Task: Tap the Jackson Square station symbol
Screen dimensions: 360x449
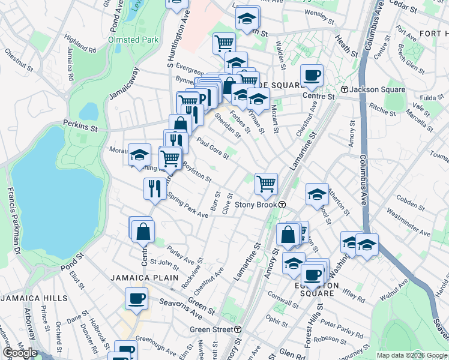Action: (345, 89)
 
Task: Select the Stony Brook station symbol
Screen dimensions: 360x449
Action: (281, 205)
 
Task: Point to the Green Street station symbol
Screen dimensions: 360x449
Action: (238, 329)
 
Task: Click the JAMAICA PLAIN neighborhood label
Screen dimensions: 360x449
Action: (144, 278)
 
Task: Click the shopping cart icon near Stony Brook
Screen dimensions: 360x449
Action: (266, 183)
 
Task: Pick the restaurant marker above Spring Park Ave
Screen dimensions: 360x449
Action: (155, 188)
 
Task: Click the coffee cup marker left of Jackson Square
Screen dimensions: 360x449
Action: (312, 75)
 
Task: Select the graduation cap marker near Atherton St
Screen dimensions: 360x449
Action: (317, 194)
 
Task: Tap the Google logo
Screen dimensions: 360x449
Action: (20, 352)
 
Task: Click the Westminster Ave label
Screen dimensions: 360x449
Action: (409, 221)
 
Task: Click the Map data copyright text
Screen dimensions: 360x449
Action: (411, 355)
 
